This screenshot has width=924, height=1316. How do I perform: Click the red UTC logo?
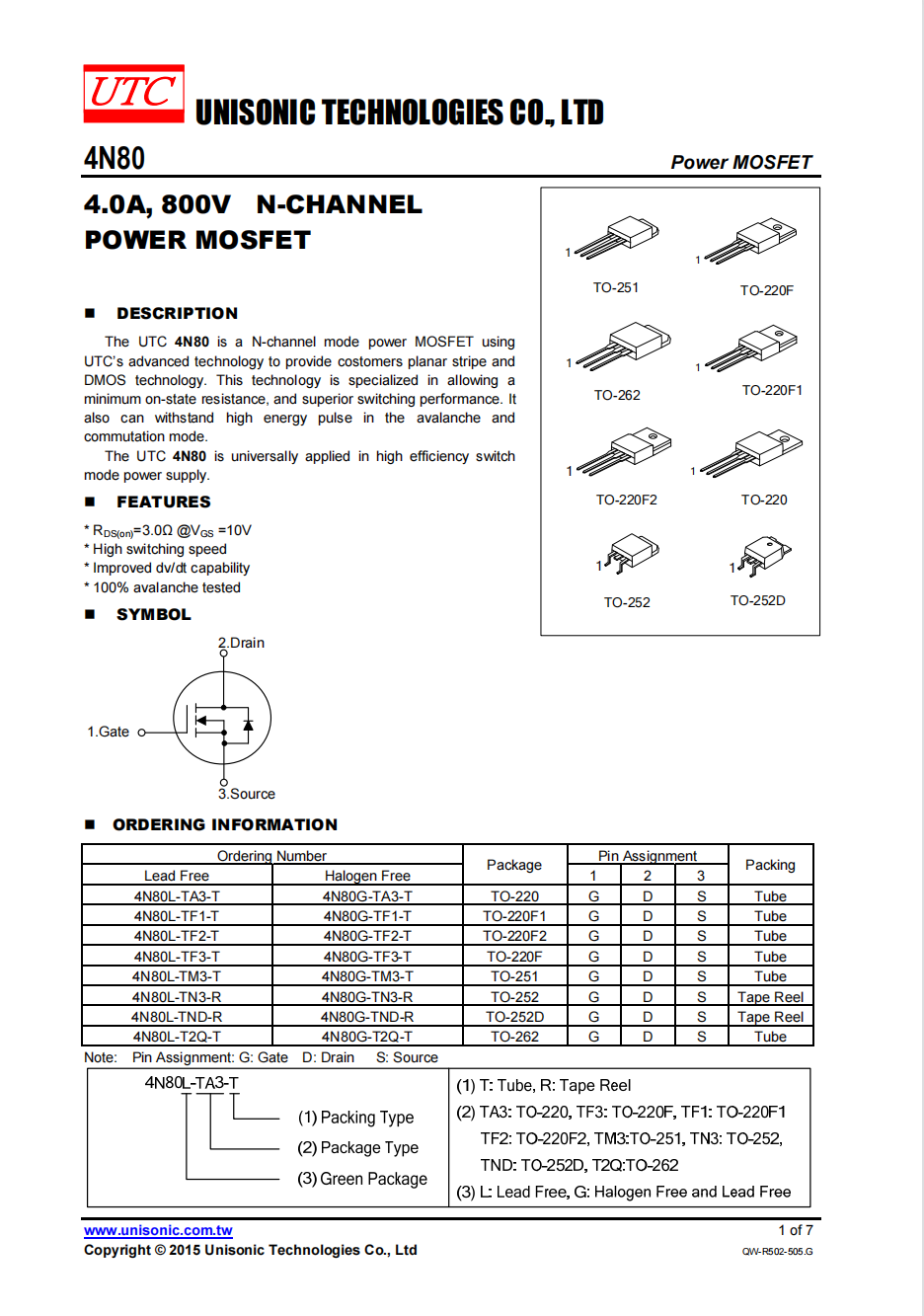(133, 94)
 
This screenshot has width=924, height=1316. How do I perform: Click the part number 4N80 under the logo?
(115, 159)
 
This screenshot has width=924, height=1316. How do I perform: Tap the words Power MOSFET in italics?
(740, 162)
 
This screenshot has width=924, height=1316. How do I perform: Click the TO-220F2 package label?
(626, 500)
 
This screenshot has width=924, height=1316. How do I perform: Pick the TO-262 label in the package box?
(617, 395)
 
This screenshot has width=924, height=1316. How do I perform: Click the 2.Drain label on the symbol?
(242, 643)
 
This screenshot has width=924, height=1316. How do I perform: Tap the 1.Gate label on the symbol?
(108, 732)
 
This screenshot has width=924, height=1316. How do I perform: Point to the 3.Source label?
(247, 794)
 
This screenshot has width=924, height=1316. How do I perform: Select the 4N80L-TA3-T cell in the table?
(177, 896)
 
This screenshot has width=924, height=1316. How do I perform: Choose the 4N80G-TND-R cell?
(367, 1017)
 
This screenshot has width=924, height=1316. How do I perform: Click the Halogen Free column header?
(367, 876)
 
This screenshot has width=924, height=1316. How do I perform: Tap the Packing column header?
(770, 865)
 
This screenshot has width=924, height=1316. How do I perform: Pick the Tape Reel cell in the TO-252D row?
(770, 1017)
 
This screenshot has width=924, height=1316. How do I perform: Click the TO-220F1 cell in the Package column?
(514, 916)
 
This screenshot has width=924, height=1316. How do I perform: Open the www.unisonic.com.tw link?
(158, 1230)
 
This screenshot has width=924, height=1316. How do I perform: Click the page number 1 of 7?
(795, 1230)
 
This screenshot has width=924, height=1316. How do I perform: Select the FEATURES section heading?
(163, 502)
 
